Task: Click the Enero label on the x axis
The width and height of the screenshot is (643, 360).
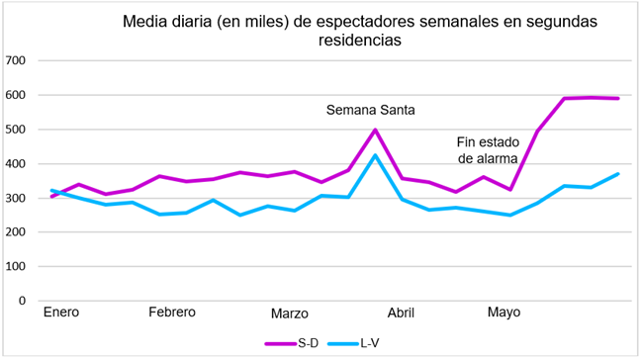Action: tap(61, 313)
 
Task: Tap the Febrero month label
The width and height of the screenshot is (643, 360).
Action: tap(172, 313)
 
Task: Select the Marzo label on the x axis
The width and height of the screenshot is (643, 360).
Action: tap(289, 314)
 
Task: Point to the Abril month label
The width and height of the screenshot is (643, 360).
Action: tap(401, 313)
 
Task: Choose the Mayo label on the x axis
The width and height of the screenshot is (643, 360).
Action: tap(504, 313)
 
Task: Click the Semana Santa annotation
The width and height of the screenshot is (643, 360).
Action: tap(372, 109)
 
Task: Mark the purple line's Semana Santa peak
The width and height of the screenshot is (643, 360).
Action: tap(375, 130)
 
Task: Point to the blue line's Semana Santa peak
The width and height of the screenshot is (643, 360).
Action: tap(375, 154)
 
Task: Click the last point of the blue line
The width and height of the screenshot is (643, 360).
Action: tap(618, 174)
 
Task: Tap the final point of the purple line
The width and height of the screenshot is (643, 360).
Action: tap(618, 98)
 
